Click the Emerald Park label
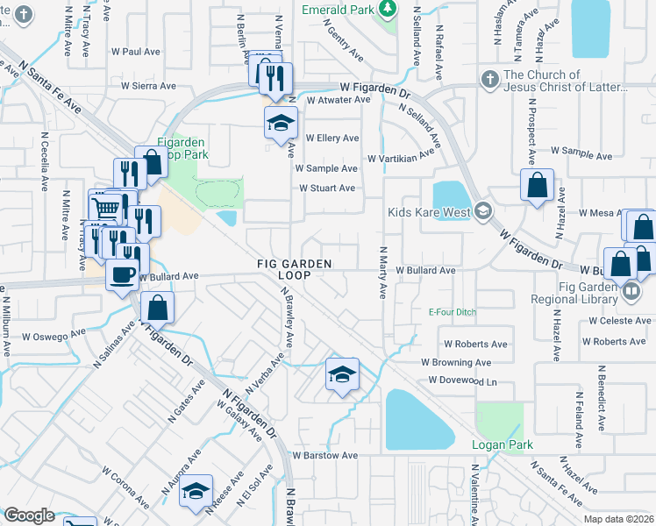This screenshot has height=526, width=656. point(338,10)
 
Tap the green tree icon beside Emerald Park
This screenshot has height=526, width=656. point(387,9)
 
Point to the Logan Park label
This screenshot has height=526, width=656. point(502,444)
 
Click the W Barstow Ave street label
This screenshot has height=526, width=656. point(325,456)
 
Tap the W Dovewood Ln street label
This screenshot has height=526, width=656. point(462,380)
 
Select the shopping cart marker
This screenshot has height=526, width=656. point(106,208)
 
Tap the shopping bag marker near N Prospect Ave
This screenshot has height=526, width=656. point(536,186)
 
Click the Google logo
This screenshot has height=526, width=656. point(29,515)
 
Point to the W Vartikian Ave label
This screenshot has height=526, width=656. point(401,159)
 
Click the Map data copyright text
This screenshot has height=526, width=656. point(617,519)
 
